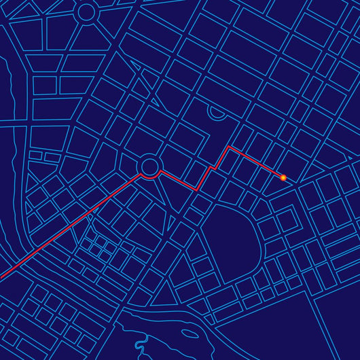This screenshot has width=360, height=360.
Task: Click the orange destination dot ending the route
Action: (283, 177)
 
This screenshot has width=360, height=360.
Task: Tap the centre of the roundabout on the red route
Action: (149, 166)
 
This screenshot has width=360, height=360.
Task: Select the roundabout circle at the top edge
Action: (86, 12)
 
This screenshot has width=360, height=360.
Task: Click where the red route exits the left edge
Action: (1, 277)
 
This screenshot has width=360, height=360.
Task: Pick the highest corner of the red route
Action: (230, 146)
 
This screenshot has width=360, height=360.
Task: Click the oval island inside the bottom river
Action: (191, 334)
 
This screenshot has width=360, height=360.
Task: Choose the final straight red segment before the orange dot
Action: (257, 162)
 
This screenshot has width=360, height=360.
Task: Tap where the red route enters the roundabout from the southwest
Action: (141, 174)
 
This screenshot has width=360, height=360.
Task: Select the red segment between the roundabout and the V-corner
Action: (178, 180)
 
